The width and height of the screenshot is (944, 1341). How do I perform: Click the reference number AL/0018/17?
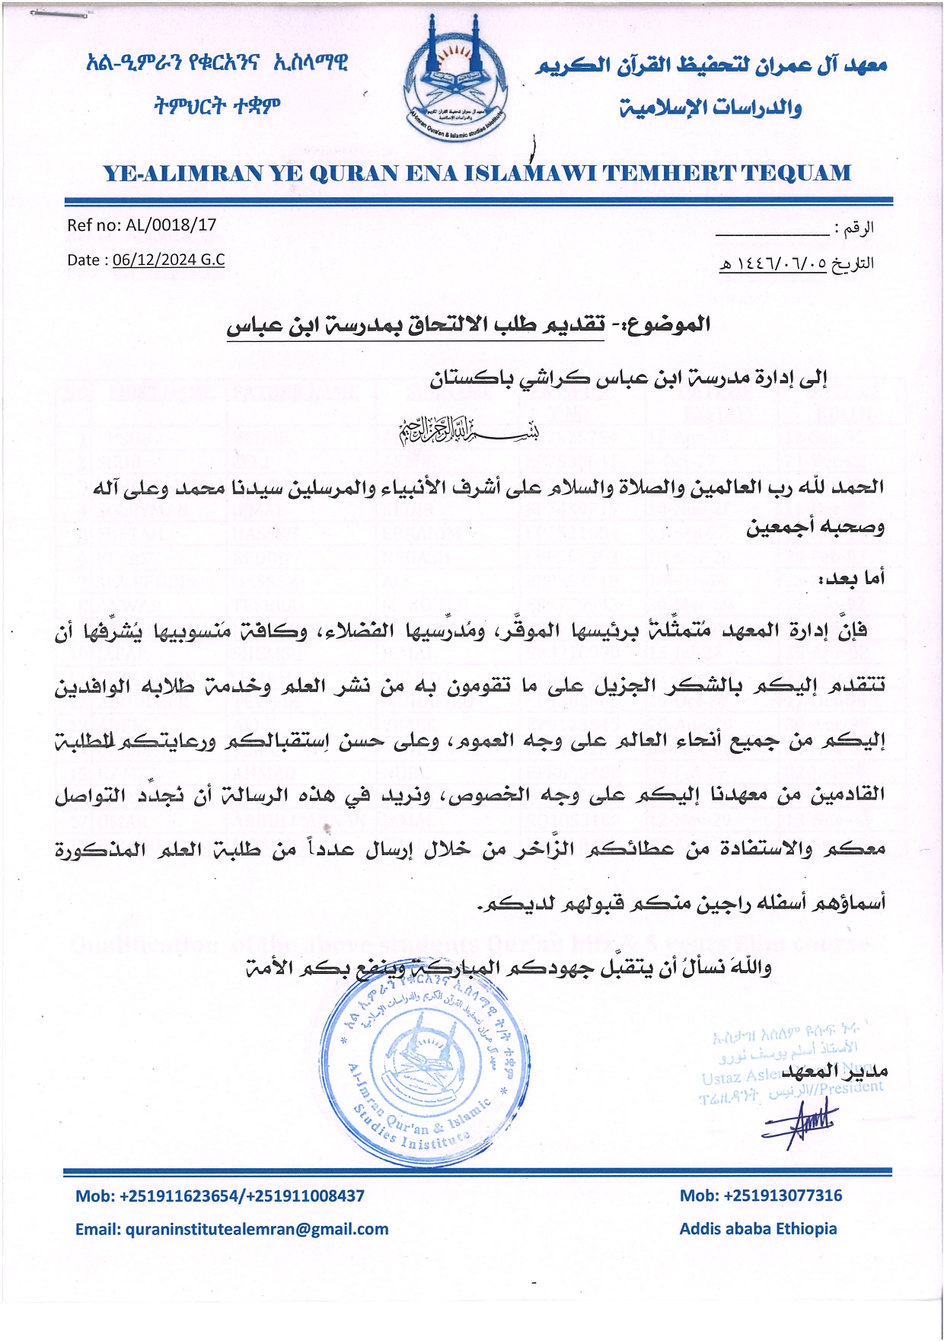tap(171, 225)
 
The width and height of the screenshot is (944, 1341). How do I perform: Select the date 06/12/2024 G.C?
tap(168, 260)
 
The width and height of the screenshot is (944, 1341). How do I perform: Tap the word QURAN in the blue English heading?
tap(352, 174)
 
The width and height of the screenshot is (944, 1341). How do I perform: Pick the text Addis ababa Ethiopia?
tap(757, 1229)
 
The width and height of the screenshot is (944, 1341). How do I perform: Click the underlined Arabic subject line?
tap(469, 325)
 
